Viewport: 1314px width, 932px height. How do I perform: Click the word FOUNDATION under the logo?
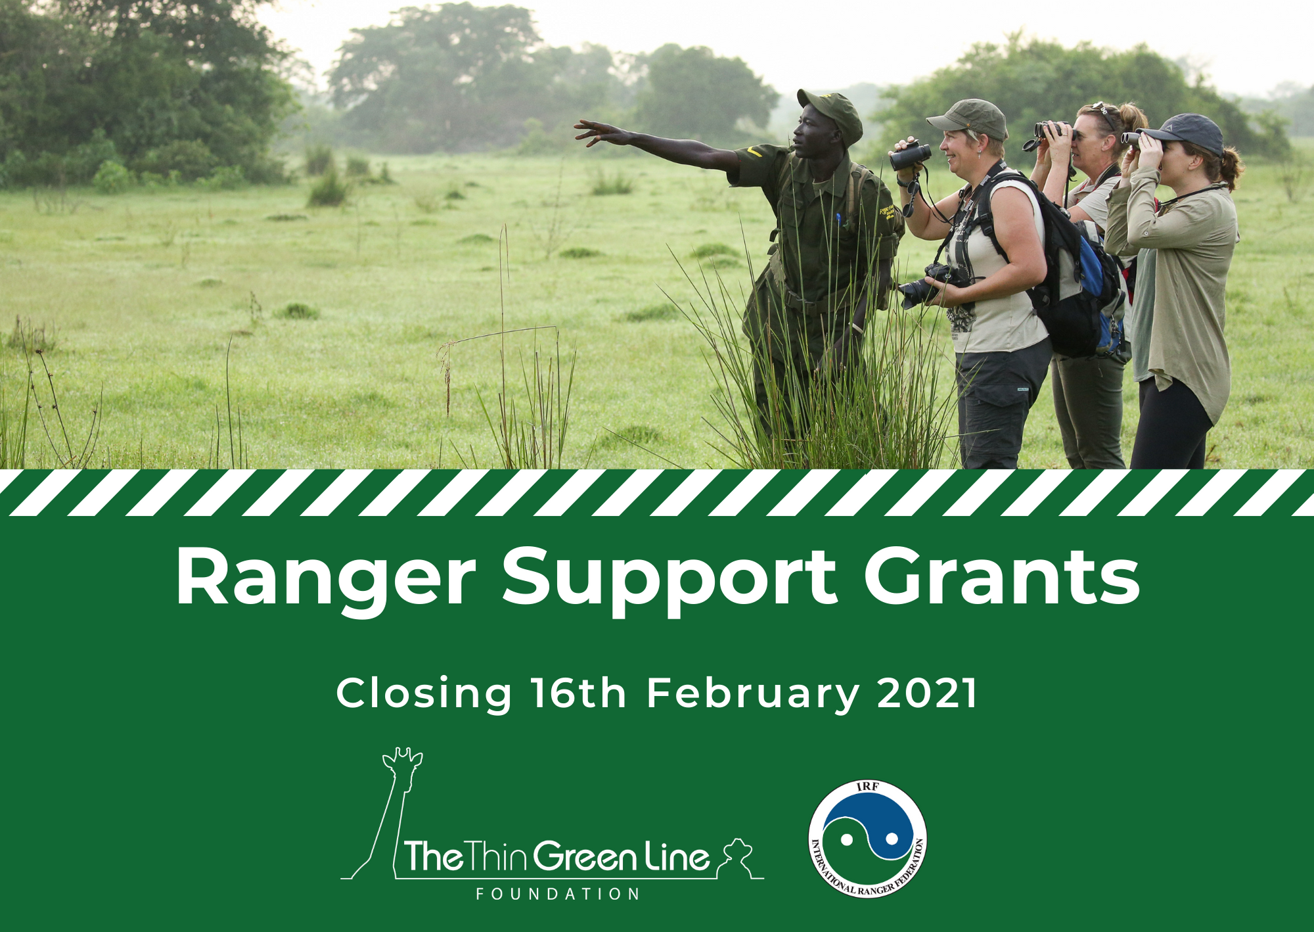point(558,894)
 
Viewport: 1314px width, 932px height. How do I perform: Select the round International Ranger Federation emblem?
point(867,839)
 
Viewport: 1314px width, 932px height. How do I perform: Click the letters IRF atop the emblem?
point(867,787)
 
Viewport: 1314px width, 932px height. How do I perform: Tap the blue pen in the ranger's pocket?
point(838,219)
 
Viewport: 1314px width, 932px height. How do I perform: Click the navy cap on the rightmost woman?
point(1183,133)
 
